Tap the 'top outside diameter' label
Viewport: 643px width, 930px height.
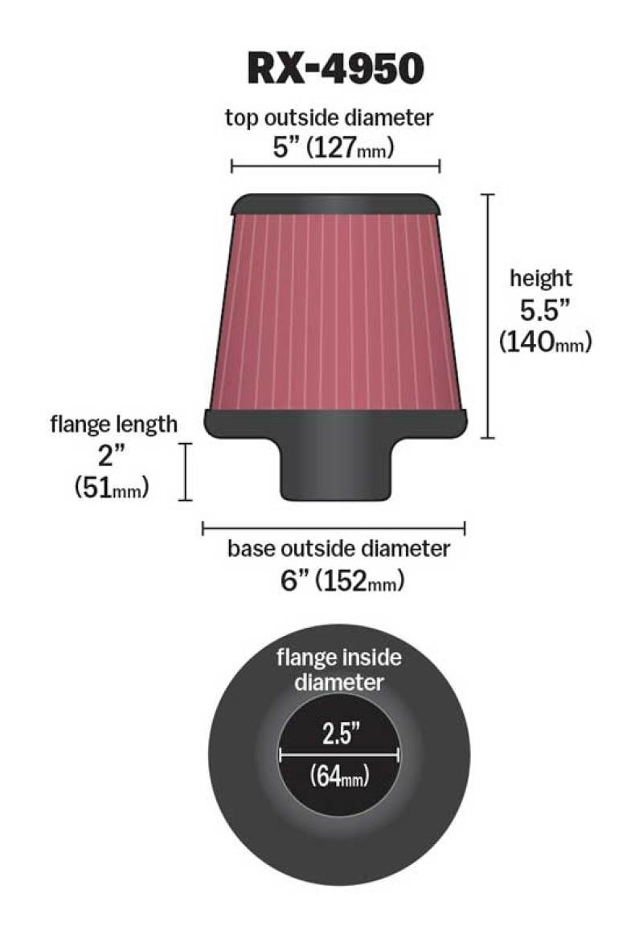[x=329, y=117]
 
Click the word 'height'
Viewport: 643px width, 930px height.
[x=541, y=279]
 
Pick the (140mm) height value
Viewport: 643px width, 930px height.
[x=545, y=342]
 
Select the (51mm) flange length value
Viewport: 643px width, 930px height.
[x=111, y=486]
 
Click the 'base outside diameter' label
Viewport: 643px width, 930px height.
[x=338, y=549]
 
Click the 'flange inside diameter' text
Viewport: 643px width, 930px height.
[x=338, y=670]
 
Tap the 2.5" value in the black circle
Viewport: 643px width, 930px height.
[x=338, y=735]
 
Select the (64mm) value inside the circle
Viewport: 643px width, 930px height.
[x=338, y=777]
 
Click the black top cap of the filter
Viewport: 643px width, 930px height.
[x=335, y=204]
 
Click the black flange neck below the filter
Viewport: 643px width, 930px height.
[x=335, y=470]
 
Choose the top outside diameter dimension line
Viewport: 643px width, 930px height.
[x=335, y=166]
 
